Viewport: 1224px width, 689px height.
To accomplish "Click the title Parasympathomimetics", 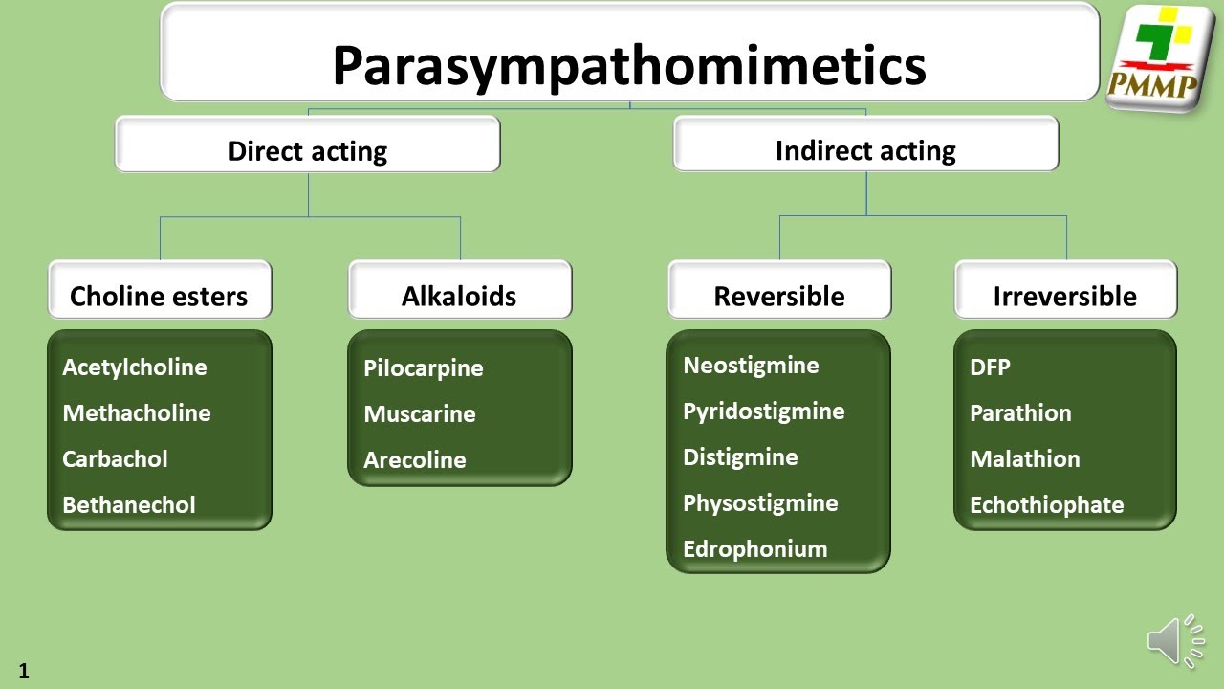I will point(629,65).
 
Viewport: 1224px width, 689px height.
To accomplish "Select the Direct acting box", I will point(307,150).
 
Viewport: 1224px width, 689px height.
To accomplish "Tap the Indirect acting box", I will point(865,150).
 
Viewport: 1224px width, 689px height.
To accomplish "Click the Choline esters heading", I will point(159,296).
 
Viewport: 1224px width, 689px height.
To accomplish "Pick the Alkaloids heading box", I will point(459,296).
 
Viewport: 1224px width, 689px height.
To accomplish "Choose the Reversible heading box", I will point(778,296).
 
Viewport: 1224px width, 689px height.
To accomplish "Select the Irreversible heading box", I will point(1064,296).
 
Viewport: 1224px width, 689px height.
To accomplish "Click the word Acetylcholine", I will point(135,367).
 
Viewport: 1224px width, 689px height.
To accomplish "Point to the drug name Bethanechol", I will point(129,504).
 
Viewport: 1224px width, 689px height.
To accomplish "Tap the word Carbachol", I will point(115,458).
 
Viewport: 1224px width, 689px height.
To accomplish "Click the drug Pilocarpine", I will point(423,367).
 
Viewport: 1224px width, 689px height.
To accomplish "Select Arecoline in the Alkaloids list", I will point(414,459).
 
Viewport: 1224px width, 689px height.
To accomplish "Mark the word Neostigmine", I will point(751,365).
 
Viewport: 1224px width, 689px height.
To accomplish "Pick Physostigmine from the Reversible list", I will point(760,502).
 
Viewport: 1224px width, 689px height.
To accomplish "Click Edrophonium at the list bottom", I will point(754,548).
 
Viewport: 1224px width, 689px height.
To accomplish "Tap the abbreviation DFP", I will point(990,367).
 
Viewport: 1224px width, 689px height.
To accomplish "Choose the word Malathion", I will point(1024,458).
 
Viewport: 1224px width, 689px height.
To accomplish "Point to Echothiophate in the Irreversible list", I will point(1046,504).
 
